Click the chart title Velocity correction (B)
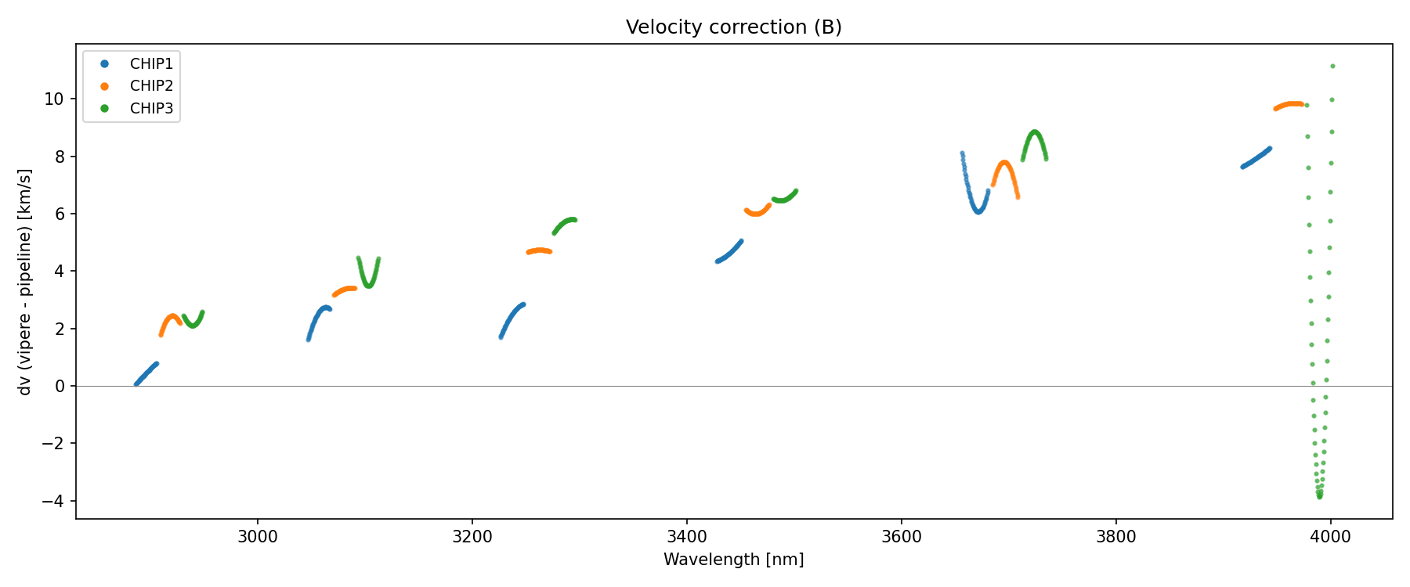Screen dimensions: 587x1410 733,27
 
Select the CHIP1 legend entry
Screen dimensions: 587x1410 151,64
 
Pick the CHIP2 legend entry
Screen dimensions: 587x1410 151,86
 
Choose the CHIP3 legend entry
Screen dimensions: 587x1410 151,109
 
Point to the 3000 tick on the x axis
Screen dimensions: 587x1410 258,536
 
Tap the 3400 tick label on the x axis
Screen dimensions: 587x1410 687,536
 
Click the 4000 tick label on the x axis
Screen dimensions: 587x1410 1330,536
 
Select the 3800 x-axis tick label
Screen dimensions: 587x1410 1115,536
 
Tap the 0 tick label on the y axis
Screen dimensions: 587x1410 60,386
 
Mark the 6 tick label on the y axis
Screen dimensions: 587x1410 60,214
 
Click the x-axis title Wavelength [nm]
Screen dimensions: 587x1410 733,560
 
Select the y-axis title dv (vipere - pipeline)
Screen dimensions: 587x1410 25,282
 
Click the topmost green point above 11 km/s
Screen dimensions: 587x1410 1332,67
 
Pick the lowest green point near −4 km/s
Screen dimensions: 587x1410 1320,496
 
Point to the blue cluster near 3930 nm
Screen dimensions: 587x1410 1256,157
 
